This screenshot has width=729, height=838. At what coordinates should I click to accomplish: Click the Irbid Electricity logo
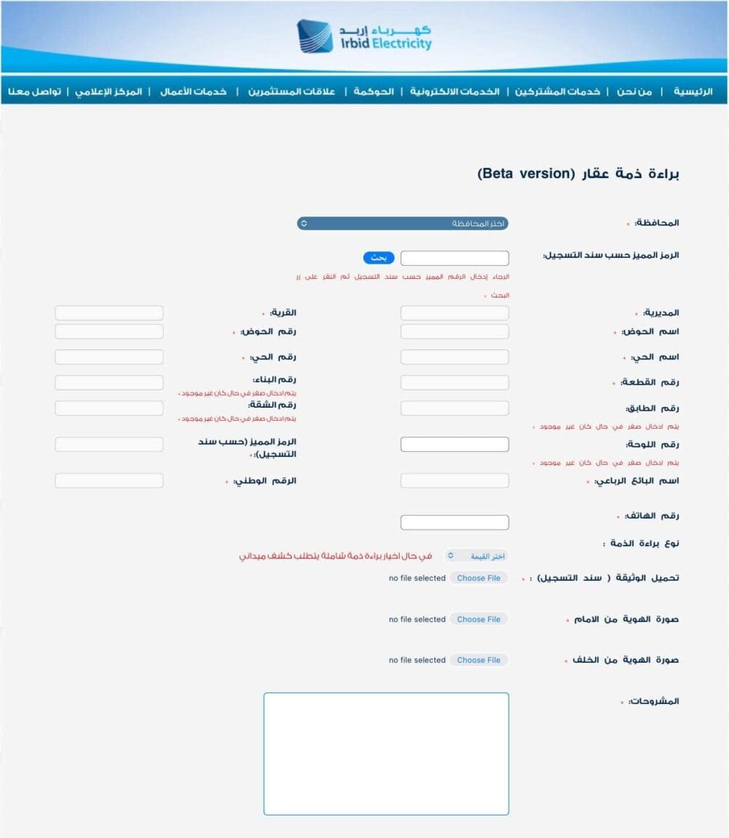364,36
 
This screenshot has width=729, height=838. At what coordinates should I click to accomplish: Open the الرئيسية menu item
693,92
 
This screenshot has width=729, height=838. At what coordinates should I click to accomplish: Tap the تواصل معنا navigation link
34,92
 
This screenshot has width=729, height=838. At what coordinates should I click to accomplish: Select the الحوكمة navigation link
374,92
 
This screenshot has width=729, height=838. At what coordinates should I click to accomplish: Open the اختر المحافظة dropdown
403,223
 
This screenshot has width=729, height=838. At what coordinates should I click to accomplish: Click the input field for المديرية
455,313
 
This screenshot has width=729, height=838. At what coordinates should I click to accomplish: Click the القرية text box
109,313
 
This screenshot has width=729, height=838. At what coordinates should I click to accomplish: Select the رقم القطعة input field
455,382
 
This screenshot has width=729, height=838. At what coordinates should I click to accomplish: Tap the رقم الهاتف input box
455,522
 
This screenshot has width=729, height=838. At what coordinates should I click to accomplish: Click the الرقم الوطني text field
109,480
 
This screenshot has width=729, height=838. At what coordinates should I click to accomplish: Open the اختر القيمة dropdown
476,556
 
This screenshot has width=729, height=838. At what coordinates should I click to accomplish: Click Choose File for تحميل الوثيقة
479,578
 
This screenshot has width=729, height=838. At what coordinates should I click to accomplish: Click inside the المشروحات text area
386,753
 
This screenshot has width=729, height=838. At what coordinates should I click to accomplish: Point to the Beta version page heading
578,174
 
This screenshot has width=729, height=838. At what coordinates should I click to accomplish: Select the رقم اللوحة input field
455,444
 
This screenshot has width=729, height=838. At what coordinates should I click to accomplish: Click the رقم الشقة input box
109,408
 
